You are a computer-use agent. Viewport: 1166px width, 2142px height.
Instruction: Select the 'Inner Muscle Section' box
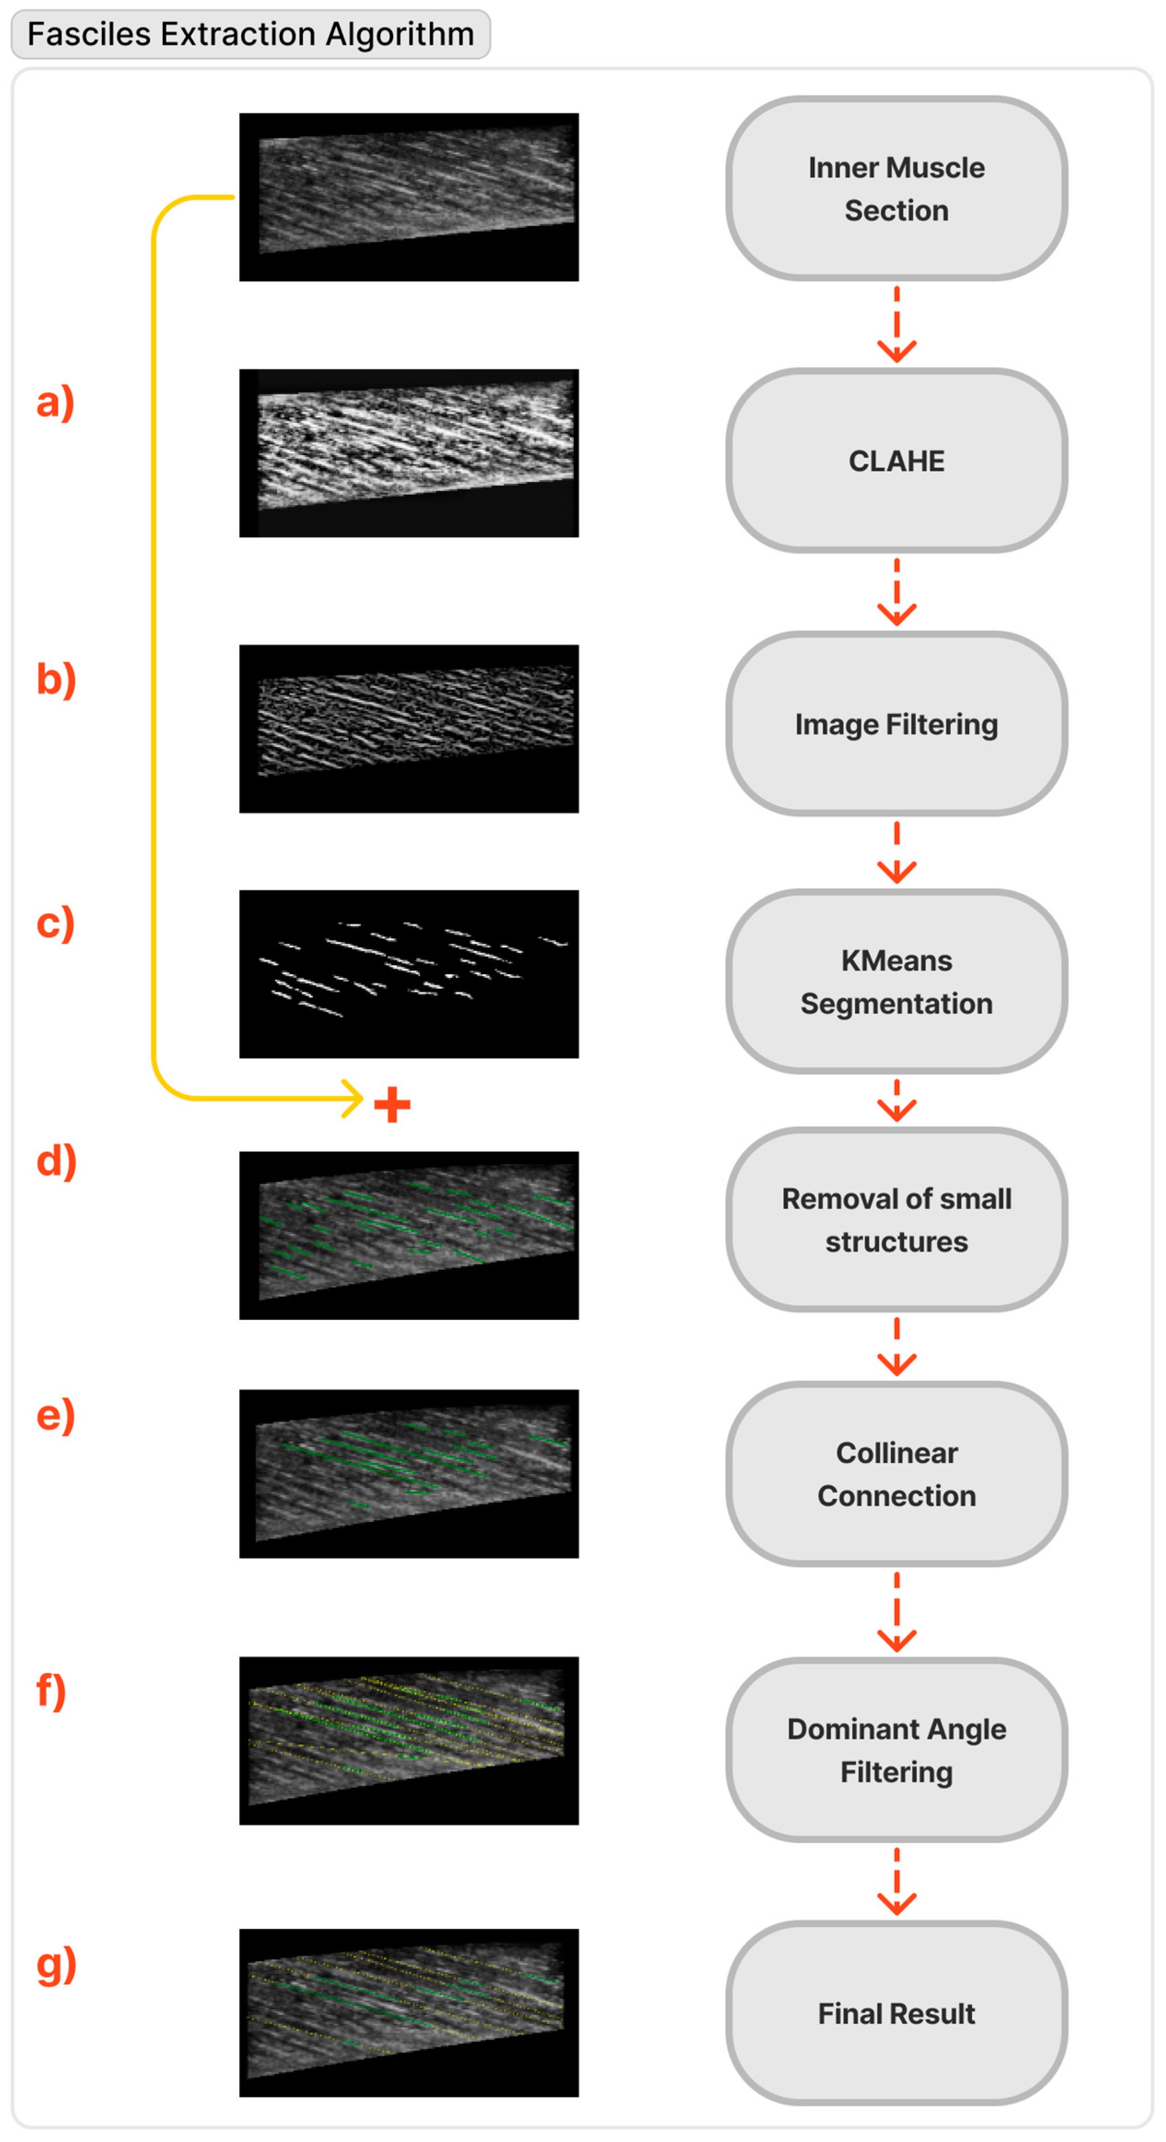coord(896,189)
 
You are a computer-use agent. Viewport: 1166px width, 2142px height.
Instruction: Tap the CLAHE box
coord(896,461)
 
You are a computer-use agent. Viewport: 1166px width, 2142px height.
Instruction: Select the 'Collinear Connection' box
coord(896,1474)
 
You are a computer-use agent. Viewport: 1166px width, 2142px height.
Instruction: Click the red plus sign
coord(392,1105)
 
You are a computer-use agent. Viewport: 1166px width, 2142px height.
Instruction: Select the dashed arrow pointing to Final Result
coord(896,1881)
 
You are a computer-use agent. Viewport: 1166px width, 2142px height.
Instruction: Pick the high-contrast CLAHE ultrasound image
coord(408,453)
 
